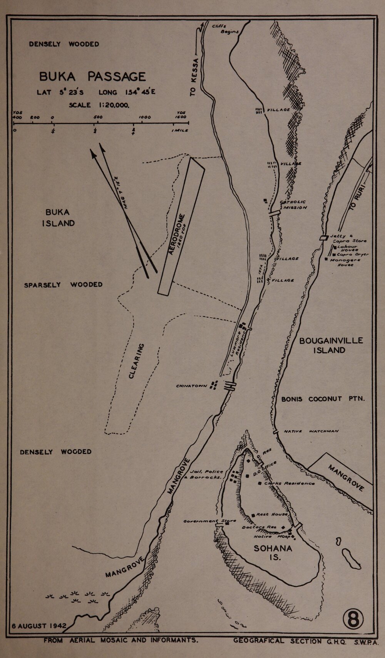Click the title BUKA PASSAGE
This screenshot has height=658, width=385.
[92, 77]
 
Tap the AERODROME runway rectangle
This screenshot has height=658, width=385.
[181, 227]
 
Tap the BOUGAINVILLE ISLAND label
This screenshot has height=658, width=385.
[331, 345]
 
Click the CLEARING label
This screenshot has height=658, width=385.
[136, 361]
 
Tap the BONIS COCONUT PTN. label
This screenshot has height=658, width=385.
[323, 399]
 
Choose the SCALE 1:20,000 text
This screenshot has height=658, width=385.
[99, 105]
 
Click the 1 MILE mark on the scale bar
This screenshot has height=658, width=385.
[180, 130]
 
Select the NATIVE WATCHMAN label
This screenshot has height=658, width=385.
[311, 431]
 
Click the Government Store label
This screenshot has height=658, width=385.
[204, 521]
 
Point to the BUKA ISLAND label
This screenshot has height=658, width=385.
[58, 218]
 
